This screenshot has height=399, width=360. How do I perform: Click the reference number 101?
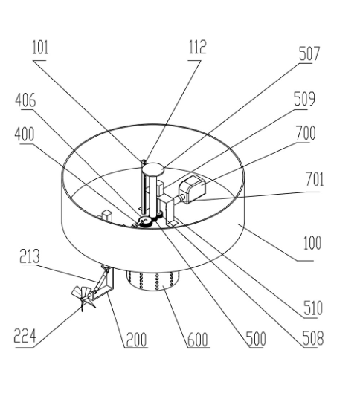click(40, 48)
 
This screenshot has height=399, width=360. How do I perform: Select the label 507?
click(309, 53)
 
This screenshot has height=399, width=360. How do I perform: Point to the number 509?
click(304, 99)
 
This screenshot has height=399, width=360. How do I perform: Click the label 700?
click(306, 133)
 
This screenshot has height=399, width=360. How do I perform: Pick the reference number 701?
click(315, 179)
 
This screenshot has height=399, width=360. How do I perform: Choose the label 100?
click(312, 243)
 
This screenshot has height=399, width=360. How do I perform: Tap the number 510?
click(313, 308)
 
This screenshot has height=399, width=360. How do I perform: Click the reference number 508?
click(313, 338)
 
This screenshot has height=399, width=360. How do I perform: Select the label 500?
click(256, 339)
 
